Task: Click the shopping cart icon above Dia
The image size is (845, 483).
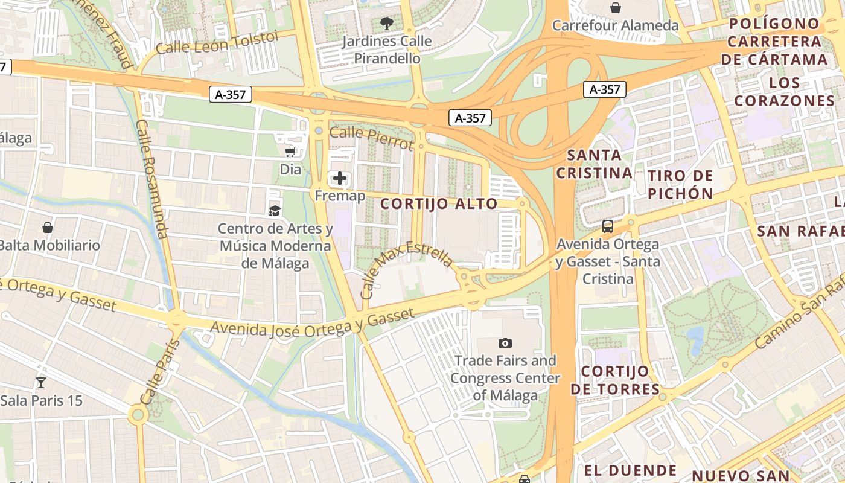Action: click(x=290, y=152)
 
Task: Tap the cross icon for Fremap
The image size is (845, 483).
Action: click(x=340, y=178)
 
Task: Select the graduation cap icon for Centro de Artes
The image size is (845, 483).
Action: click(x=275, y=210)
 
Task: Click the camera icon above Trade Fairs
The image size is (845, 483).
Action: click(x=505, y=343)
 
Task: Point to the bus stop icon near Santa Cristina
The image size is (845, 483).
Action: click(x=608, y=226)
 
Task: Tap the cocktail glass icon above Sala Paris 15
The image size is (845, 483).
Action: click(x=41, y=382)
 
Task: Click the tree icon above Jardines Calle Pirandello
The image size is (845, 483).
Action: click(x=387, y=24)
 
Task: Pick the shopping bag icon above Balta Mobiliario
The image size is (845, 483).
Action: click(x=48, y=228)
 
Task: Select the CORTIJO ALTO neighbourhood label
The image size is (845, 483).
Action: click(x=439, y=204)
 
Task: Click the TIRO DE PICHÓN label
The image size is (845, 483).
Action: click(x=680, y=185)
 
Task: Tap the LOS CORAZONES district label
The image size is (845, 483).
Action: click(x=785, y=92)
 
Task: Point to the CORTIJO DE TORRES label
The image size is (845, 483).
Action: click(x=615, y=380)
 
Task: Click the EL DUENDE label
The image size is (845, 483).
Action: click(x=630, y=470)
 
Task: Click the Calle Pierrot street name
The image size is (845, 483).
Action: click(x=372, y=138)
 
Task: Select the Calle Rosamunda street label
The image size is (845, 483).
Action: click(x=151, y=179)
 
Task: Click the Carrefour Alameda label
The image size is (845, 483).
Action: click(x=615, y=25)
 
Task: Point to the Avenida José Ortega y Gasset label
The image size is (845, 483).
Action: click(x=313, y=321)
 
